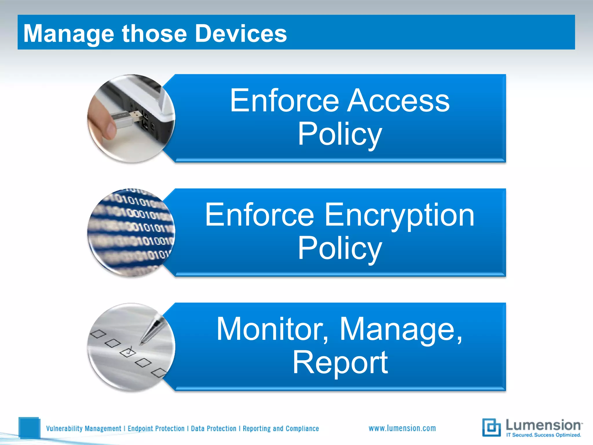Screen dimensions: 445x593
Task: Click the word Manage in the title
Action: tap(69, 34)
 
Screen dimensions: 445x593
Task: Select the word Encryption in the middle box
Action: tap(399, 215)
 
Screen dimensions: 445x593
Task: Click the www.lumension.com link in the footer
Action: tap(402, 428)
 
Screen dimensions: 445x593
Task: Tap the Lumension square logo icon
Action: tap(491, 427)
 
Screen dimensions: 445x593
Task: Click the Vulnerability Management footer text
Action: tap(83, 428)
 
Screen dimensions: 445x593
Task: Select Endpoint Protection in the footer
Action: tap(156, 428)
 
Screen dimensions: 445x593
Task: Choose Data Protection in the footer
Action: tap(213, 428)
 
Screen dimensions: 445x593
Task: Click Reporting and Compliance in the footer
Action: tap(281, 428)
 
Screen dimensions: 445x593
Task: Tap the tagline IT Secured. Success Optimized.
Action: tap(543, 435)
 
